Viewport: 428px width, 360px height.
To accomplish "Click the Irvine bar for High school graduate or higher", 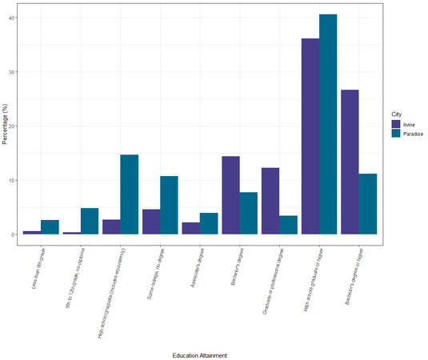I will pos(310,136).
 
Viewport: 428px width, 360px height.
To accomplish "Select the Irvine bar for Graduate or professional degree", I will pos(270,201).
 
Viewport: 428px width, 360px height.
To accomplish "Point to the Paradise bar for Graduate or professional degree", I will pos(289,225).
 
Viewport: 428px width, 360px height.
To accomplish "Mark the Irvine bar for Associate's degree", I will pos(190,228).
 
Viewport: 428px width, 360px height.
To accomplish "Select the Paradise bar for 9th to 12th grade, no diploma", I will pos(90,221).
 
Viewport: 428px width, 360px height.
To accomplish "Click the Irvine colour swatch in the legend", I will pos(395,125).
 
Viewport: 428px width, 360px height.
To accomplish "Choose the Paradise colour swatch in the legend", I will pos(395,134).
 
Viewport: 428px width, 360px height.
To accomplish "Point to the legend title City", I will pos(396,113).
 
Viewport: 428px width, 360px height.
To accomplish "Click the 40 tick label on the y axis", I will pos(11,18).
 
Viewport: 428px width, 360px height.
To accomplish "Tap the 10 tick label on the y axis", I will pos(11,180).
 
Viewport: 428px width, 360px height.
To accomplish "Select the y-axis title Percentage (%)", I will pos(4,123).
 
